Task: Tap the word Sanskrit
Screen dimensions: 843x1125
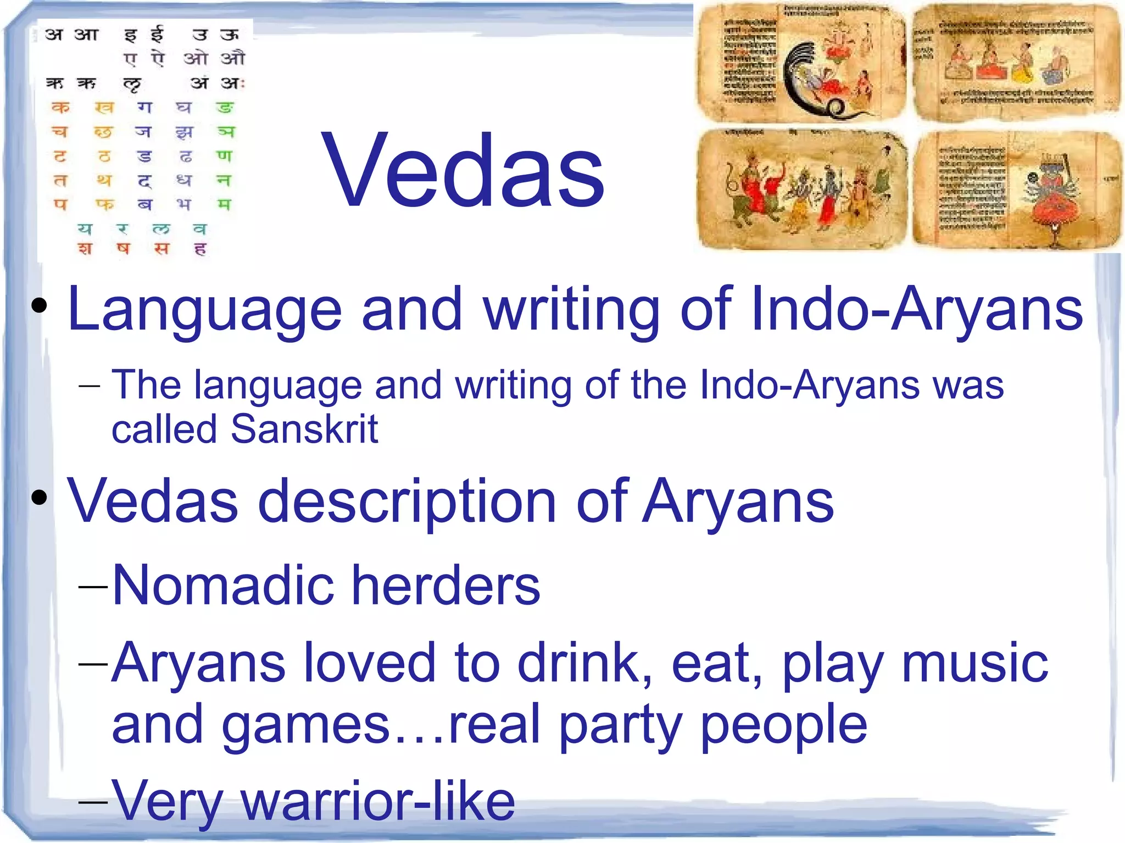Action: (304, 429)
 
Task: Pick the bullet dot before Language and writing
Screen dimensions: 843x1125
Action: (39, 305)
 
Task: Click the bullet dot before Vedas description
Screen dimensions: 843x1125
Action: (39, 498)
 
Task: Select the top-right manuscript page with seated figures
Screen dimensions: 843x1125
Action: (1015, 62)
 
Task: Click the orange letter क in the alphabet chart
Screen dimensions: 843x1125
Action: (60, 107)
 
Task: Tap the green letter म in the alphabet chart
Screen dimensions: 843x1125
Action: (224, 205)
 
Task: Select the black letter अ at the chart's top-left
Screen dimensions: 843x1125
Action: (54, 34)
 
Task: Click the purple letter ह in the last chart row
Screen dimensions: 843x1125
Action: (200, 249)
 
